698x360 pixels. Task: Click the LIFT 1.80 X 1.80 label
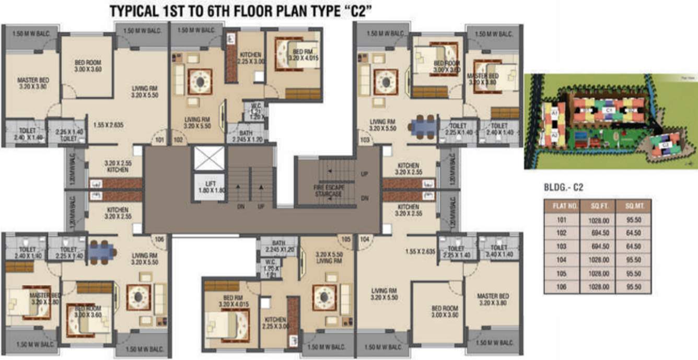pyautogui.click(x=210, y=188)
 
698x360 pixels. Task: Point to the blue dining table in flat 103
pyautogui.click(x=423, y=126)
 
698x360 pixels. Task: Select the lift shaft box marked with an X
pyautogui.click(x=209, y=158)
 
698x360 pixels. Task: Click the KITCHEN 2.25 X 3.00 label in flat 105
pyautogui.click(x=275, y=323)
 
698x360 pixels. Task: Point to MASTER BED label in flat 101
pyautogui.click(x=32, y=84)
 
